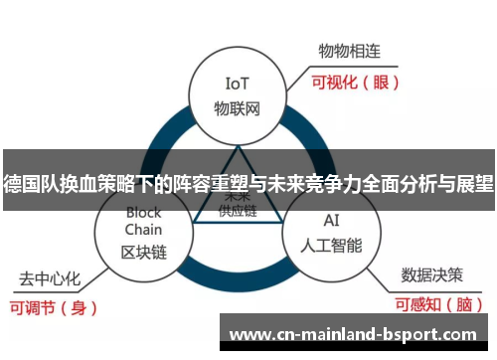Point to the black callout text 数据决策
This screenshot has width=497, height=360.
[x=429, y=272]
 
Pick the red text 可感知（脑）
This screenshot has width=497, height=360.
[x=433, y=304]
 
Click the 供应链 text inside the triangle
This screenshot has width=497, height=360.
[x=238, y=211]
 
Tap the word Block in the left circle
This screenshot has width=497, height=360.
[x=143, y=212]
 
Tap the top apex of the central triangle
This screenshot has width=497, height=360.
[x=238, y=147]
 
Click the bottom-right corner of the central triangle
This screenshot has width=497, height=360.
[x=284, y=222]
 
